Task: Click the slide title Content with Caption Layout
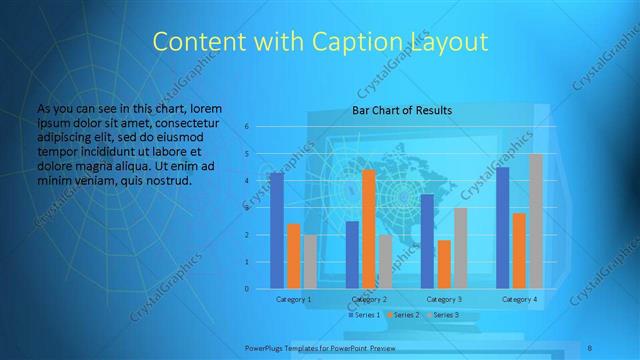pyautogui.click(x=319, y=42)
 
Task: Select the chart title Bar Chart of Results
pyautogui.click(x=402, y=110)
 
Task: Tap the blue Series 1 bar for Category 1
pyautogui.click(x=276, y=230)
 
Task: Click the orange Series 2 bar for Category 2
pyautogui.click(x=368, y=229)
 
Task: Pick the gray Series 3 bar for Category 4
pyautogui.click(x=535, y=221)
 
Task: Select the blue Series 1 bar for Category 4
pyautogui.click(x=502, y=228)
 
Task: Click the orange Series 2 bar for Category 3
pyautogui.click(x=443, y=264)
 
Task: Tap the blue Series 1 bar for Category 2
pyautogui.click(x=352, y=255)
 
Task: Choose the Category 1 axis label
pyautogui.click(x=293, y=299)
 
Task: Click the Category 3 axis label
pyautogui.click(x=443, y=299)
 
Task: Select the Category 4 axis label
pyautogui.click(x=519, y=299)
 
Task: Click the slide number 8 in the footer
pyautogui.click(x=591, y=347)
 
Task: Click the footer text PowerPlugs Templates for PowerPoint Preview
pyautogui.click(x=319, y=347)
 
